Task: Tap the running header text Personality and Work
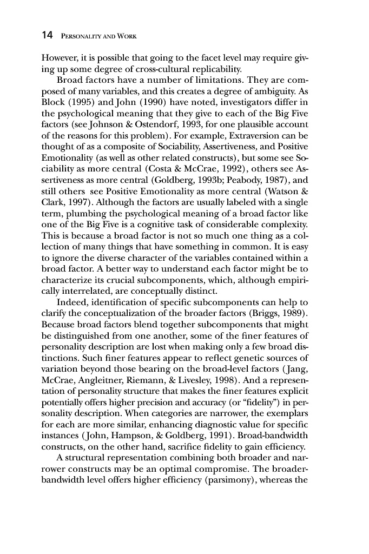tap(98, 36)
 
